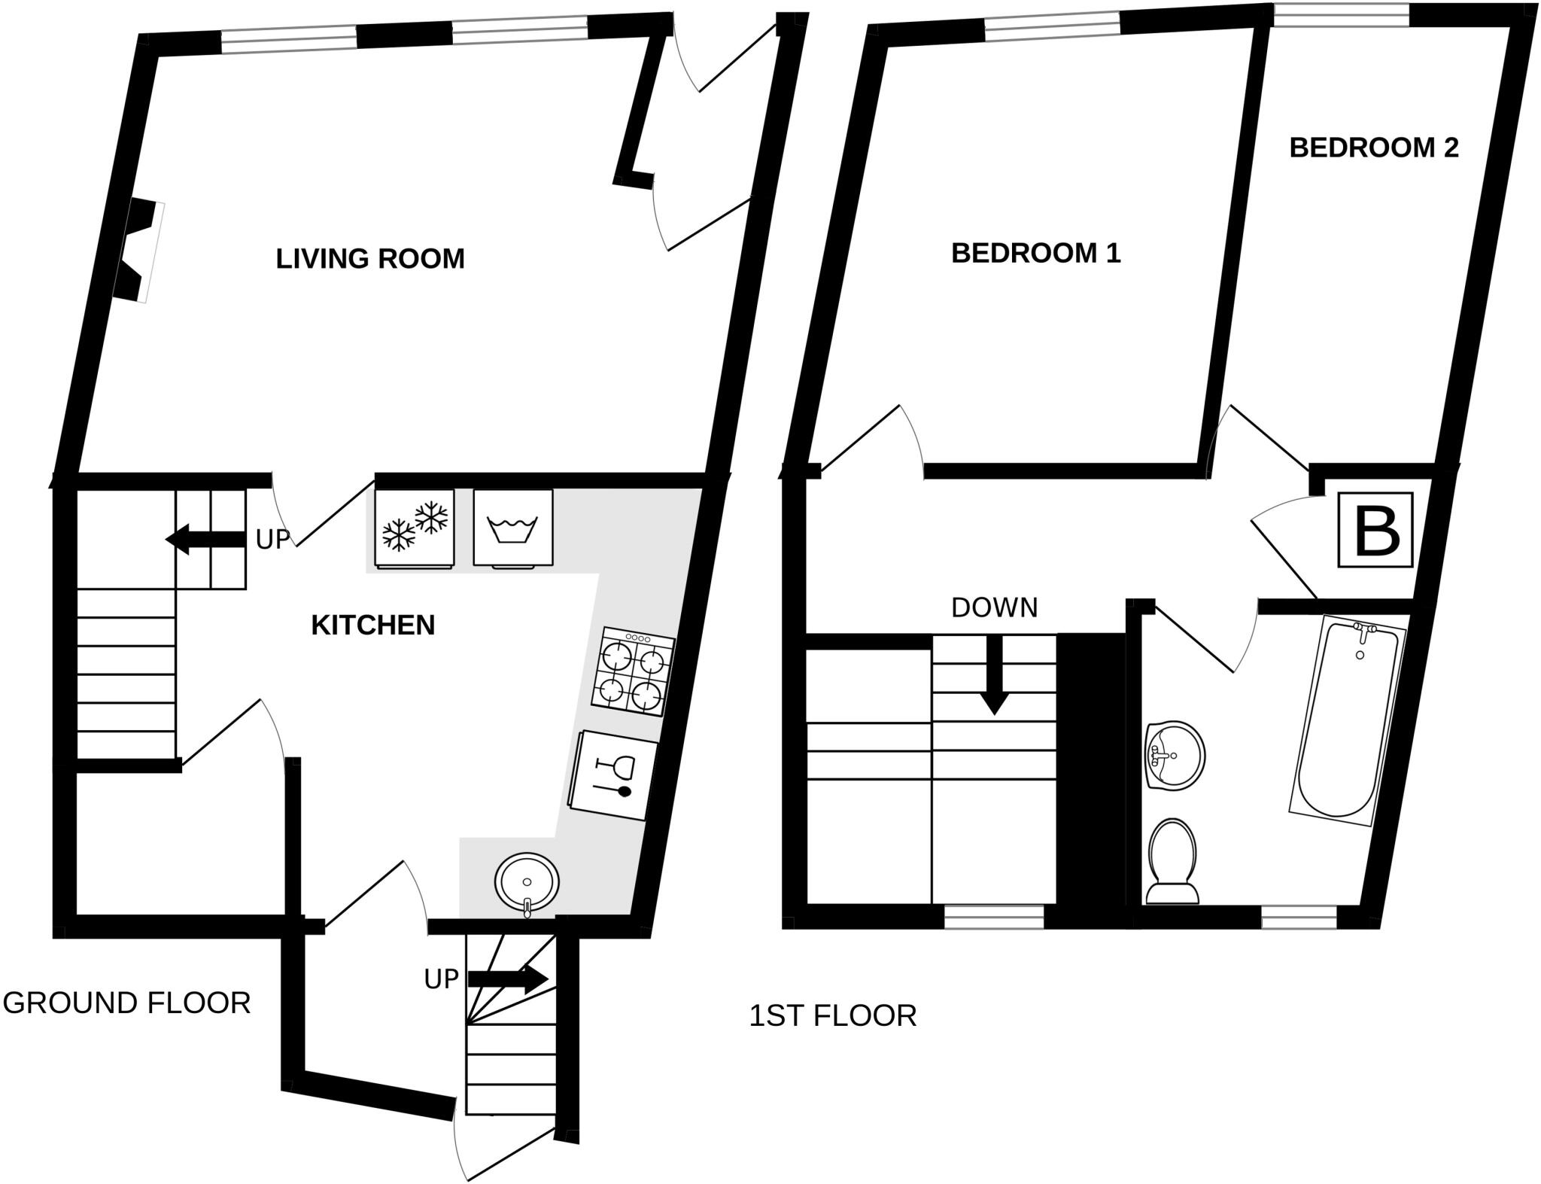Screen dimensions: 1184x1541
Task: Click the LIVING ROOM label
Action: click(x=369, y=259)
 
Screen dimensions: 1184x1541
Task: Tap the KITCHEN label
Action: click(x=372, y=625)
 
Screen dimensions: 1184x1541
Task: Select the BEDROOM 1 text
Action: click(x=1035, y=254)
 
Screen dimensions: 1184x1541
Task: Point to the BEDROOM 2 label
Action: click(x=1373, y=148)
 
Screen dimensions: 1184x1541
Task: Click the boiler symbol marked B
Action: click(x=1375, y=530)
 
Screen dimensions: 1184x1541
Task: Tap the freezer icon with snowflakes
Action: click(x=414, y=526)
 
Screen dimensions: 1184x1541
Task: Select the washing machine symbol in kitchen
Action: click(x=513, y=527)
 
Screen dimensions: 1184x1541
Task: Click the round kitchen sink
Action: click(x=527, y=881)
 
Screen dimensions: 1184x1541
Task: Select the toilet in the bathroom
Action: click(x=1172, y=862)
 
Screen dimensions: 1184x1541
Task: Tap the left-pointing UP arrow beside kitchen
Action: click(x=205, y=540)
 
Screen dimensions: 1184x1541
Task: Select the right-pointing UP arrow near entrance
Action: click(x=508, y=979)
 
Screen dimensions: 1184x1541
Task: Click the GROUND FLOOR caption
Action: click(x=126, y=1003)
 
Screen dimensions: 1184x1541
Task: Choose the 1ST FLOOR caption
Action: click(x=832, y=1016)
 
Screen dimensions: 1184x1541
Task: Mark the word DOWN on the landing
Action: click(x=994, y=608)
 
